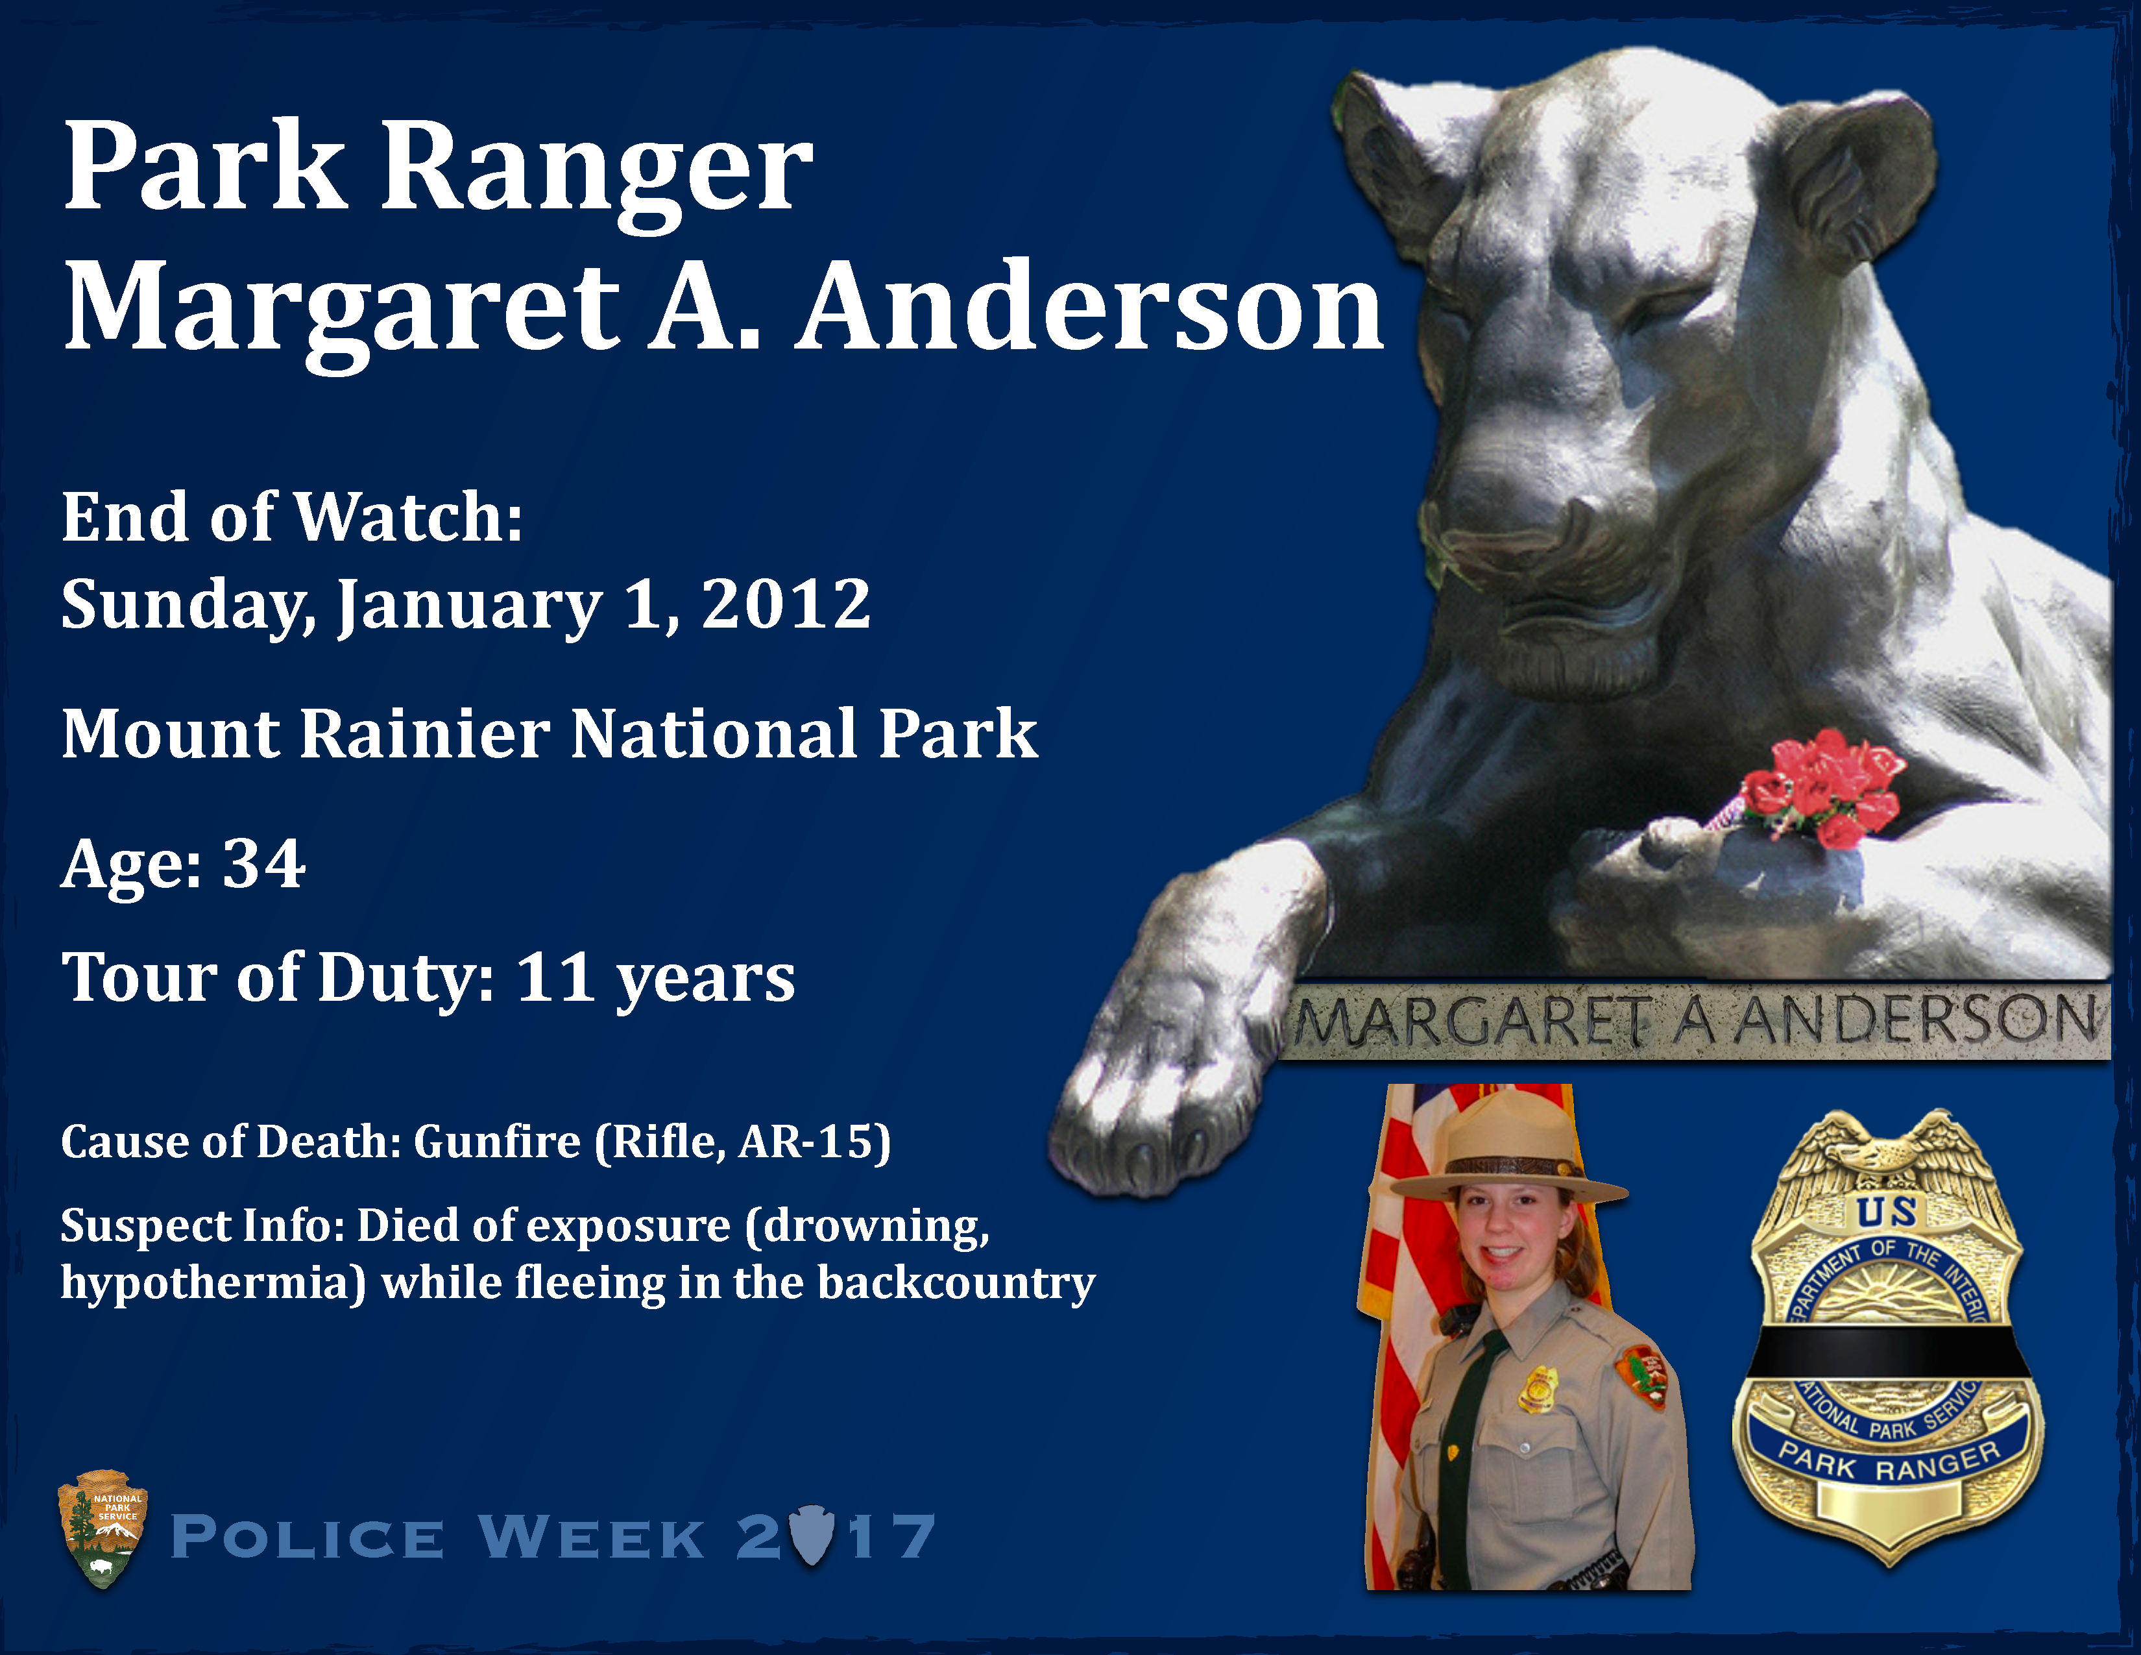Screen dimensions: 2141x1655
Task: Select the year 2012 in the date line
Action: [x=785, y=603]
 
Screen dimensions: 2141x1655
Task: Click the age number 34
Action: [x=263, y=864]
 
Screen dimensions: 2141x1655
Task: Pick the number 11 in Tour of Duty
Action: [x=555, y=977]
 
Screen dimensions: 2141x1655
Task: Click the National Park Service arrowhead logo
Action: [x=103, y=1528]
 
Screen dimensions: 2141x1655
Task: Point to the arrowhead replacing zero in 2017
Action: [x=812, y=1536]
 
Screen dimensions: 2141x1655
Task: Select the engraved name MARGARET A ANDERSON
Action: [x=1696, y=1020]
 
